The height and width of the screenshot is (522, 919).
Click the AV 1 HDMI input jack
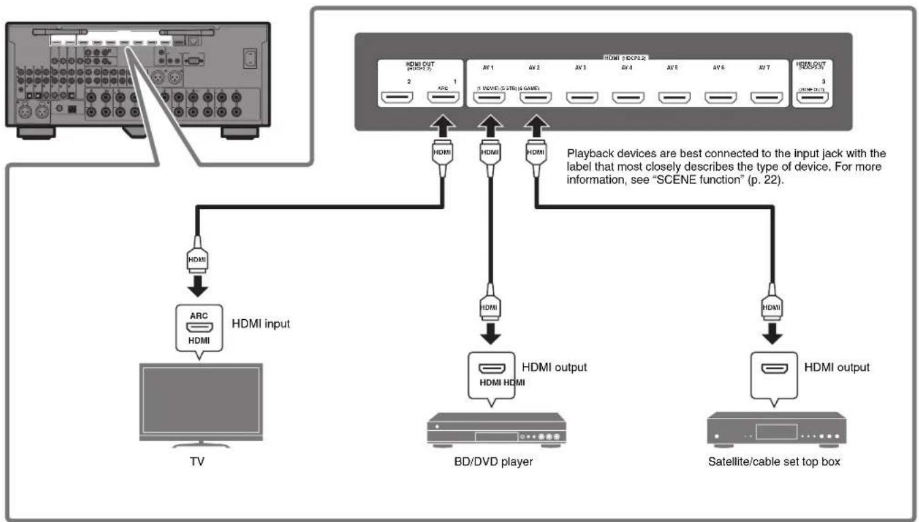[x=489, y=99]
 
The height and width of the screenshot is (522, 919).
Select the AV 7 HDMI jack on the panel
[x=765, y=99]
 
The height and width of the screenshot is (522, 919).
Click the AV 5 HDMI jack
[x=673, y=99]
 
